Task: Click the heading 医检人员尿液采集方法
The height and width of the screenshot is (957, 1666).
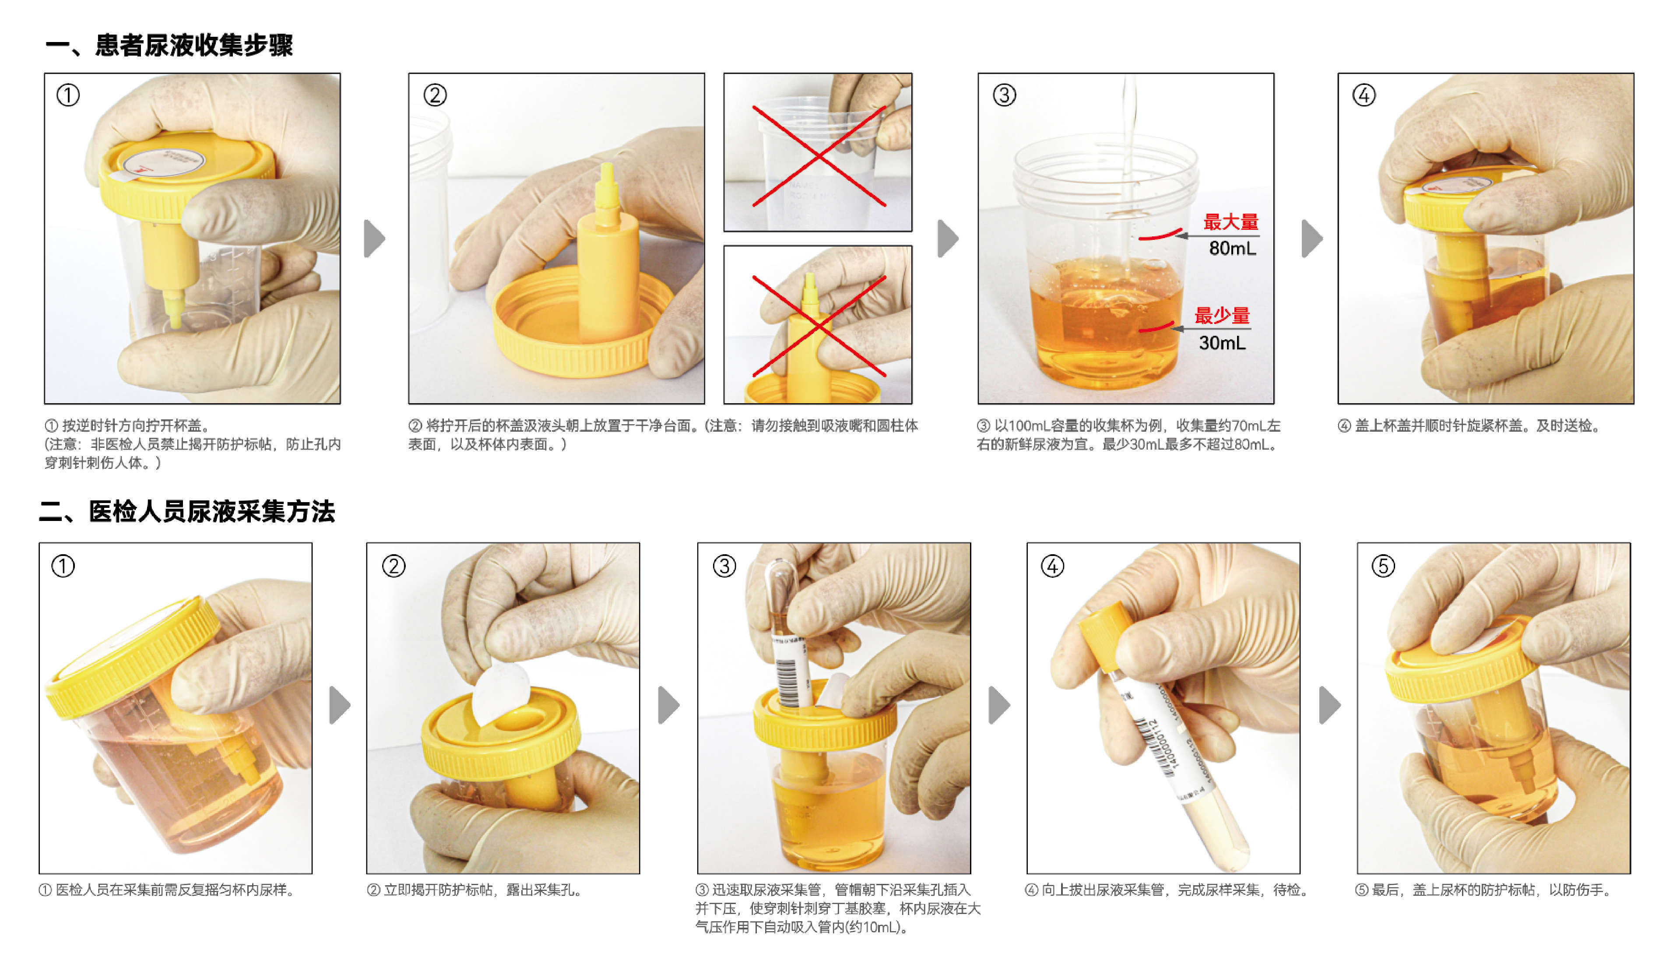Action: coord(211,511)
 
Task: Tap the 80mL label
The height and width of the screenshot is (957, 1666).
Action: coord(1232,249)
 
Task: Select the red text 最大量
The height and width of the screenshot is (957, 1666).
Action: coord(1230,222)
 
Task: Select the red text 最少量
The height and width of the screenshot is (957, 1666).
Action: coord(1221,316)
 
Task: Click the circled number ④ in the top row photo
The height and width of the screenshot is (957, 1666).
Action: coord(1364,95)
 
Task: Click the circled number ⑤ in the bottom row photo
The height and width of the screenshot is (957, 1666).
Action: coord(1383,566)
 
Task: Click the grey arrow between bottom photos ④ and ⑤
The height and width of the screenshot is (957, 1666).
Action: coord(1329,705)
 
